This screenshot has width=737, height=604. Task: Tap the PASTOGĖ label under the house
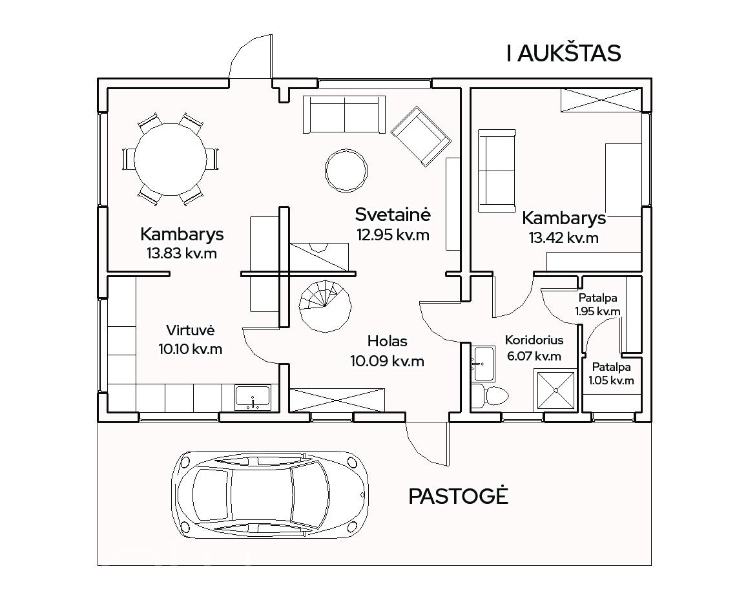(458, 496)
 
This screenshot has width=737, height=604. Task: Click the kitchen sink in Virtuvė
(253, 398)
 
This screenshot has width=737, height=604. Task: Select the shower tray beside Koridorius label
(555, 390)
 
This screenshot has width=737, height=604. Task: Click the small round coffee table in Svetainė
(346, 170)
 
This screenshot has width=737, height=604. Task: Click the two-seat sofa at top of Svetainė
(344, 114)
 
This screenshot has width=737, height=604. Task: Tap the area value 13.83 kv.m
(182, 253)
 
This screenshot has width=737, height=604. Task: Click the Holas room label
(388, 341)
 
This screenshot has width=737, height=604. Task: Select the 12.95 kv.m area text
(393, 234)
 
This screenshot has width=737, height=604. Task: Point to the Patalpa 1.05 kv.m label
(611, 373)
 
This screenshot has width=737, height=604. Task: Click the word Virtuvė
(191, 330)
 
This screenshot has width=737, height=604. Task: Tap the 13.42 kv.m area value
(564, 238)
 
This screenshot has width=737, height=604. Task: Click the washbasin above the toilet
(483, 363)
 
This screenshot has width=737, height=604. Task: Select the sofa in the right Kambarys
(497, 171)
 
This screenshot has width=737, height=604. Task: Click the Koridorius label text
(534, 340)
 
